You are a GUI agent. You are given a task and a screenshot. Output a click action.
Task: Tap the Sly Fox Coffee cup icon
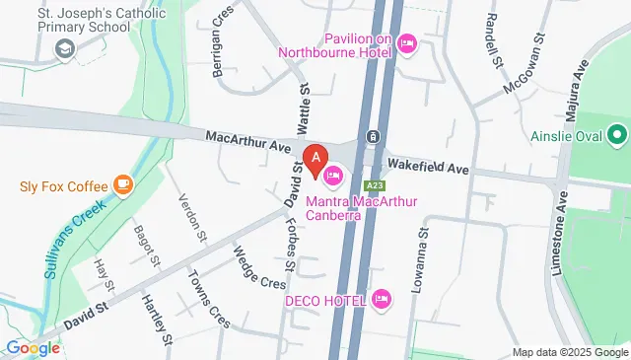(x=122, y=183)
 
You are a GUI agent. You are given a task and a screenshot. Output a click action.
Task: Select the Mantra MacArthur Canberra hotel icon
(x=333, y=176)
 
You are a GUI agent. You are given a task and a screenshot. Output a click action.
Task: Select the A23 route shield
(x=373, y=184)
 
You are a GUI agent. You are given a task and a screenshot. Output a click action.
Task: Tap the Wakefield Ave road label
(x=428, y=167)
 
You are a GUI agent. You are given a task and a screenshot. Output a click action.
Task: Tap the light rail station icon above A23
(x=373, y=137)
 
